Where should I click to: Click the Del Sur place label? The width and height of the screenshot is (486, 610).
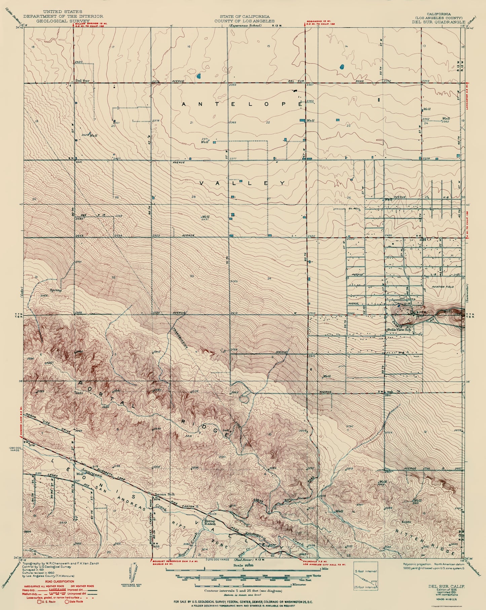(x=81, y=80)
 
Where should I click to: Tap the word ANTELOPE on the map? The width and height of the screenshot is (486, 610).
(x=241, y=104)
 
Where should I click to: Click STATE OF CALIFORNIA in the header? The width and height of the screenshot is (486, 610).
(x=244, y=16)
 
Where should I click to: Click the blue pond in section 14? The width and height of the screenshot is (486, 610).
(x=342, y=66)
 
